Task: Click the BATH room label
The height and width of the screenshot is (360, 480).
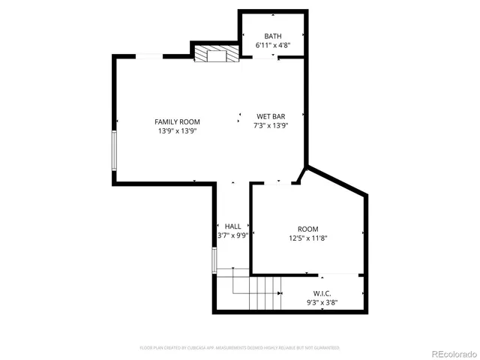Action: click(273, 36)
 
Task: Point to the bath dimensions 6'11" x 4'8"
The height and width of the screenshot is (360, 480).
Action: click(273, 46)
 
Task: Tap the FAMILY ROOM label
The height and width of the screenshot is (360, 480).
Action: click(177, 121)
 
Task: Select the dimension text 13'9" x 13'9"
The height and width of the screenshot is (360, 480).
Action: click(177, 131)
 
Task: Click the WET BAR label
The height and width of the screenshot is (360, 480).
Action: click(271, 116)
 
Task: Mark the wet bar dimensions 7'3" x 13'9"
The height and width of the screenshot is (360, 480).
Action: click(271, 126)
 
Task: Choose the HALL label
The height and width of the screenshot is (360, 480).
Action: click(232, 226)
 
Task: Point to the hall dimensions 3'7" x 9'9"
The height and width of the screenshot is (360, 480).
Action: click(232, 235)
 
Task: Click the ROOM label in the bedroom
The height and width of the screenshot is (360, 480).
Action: click(307, 229)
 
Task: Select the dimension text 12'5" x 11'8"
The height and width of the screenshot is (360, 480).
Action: click(307, 238)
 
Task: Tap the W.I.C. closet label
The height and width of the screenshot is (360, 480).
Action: click(322, 293)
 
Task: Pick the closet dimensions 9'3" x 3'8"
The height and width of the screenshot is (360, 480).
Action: click(322, 302)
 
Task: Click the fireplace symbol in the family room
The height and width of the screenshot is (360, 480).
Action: click(217, 54)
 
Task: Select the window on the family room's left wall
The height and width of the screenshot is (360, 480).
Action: click(114, 150)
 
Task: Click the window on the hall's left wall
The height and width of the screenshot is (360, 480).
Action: click(214, 259)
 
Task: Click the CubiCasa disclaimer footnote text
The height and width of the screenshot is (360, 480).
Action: click(240, 348)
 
